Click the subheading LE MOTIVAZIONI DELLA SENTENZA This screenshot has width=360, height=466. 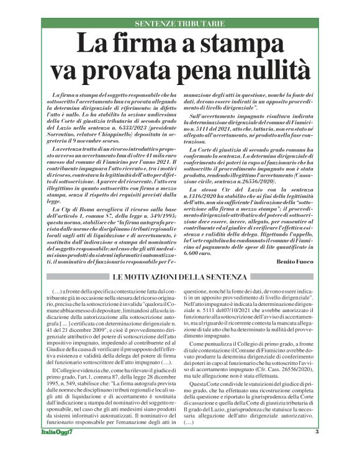[x=179, y=277]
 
